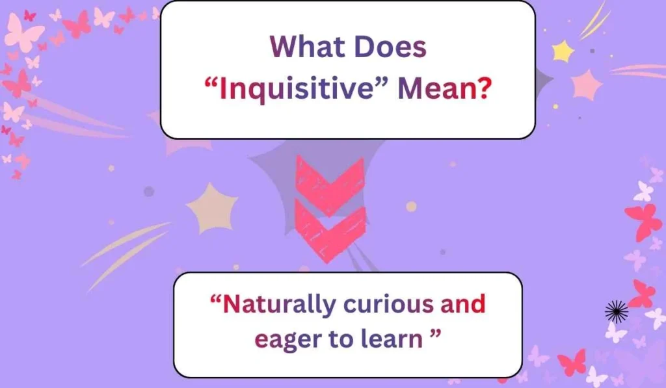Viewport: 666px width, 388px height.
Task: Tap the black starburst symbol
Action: pyautogui.click(x=616, y=312)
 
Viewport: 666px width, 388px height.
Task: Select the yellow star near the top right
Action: pyautogui.click(x=563, y=50)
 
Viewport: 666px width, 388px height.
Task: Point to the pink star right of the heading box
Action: pyautogui.click(x=587, y=85)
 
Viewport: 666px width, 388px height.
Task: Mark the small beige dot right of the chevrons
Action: pyautogui.click(x=411, y=207)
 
